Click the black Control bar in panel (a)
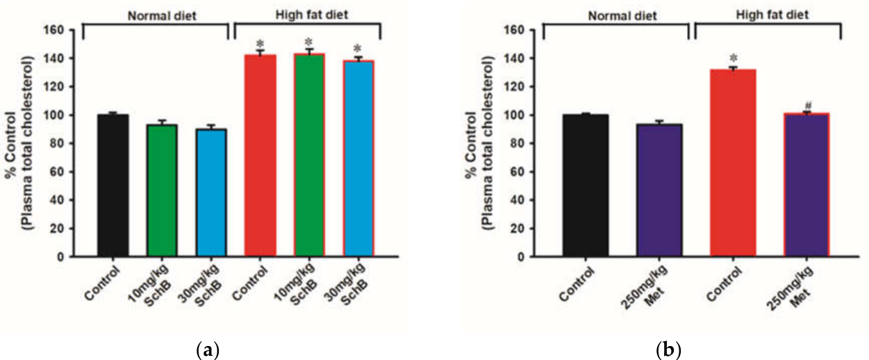coord(113,186)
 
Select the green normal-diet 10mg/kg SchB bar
coord(162,190)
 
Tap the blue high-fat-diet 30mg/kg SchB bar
coord(358,158)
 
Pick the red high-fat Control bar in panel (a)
coord(260,156)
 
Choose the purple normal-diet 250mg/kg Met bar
coord(659,190)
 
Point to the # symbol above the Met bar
coord(807,106)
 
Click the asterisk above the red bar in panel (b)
coord(734,58)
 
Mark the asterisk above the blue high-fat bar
coord(358,49)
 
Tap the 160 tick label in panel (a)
coord(54,30)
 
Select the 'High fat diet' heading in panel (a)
coord(312,15)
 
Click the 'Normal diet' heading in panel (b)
coord(622,16)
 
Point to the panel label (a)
coord(208,350)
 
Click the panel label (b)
coord(668,350)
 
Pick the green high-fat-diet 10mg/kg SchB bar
coord(310,155)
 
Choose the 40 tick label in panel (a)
coord(57,200)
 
